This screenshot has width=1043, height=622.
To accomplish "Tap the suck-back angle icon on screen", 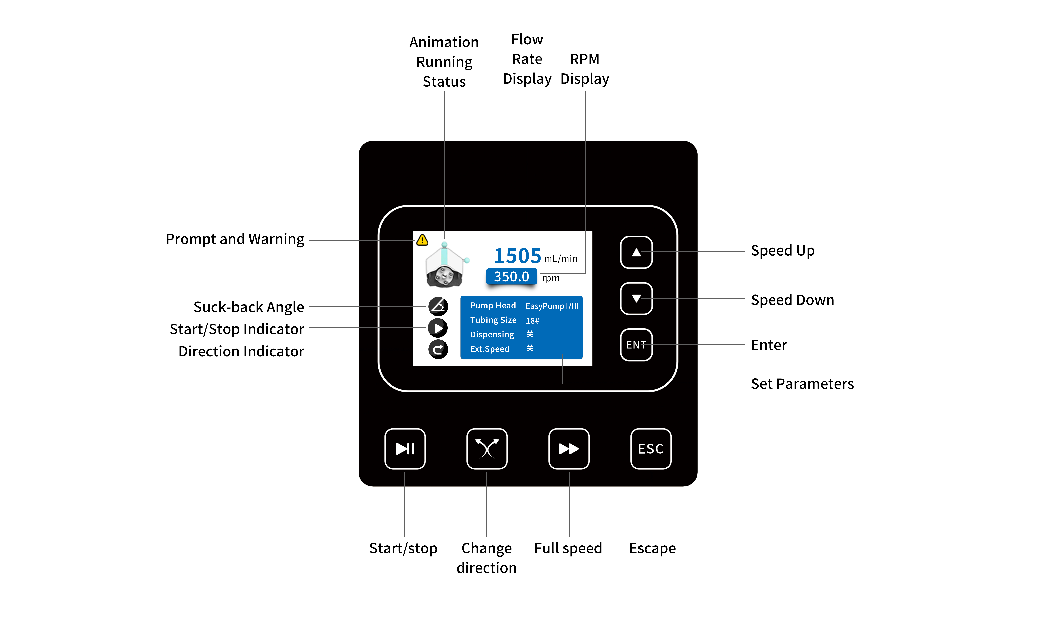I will coord(438,306).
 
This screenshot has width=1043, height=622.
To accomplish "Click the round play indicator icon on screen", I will coord(438,328).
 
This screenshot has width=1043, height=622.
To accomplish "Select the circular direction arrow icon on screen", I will coord(438,350).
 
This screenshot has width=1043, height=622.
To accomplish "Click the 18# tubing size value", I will coord(532,321).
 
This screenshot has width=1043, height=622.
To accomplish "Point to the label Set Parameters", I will coord(802,384).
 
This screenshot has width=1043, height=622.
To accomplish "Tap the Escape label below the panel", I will coord(652,548).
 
